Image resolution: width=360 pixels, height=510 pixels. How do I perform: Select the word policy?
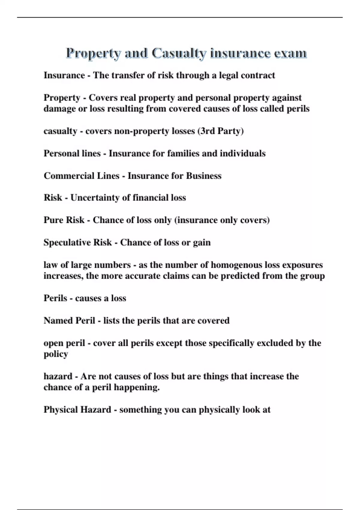coord(56,354)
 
